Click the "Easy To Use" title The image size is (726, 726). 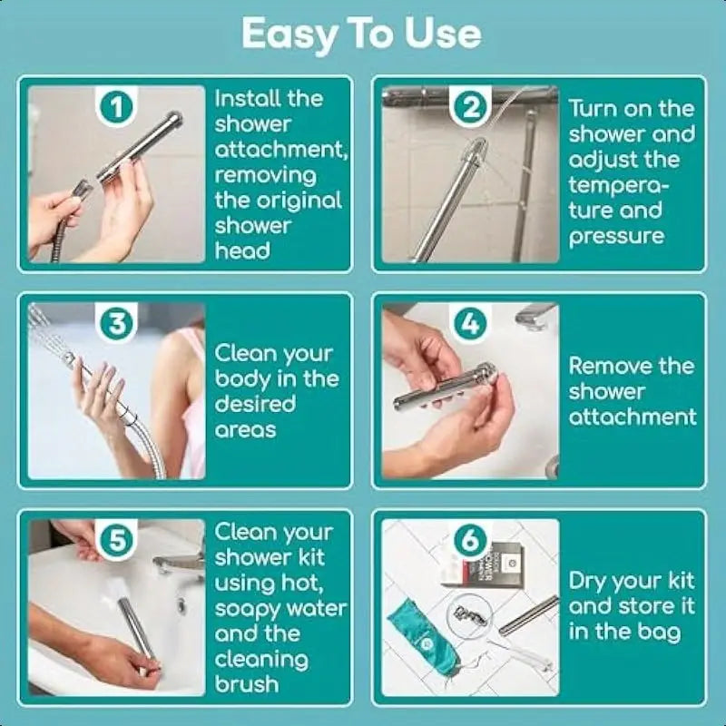[361, 34]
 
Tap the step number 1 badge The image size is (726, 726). [116, 108]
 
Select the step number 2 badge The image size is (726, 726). [469, 108]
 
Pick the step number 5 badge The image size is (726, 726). [116, 540]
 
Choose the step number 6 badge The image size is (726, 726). [469, 540]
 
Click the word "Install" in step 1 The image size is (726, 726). [246, 98]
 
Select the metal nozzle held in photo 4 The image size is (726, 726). [445, 386]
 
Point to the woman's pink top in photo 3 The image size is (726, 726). [192, 399]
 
